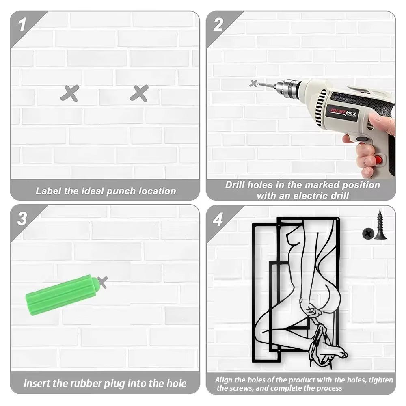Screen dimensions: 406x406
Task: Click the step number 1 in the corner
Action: click(22, 25)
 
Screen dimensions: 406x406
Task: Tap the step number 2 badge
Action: click(218, 25)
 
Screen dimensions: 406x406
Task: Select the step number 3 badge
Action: click(22, 218)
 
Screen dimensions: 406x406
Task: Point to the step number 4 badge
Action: click(218, 220)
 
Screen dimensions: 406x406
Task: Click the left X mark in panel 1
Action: click(70, 93)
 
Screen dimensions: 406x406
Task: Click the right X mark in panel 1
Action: click(139, 93)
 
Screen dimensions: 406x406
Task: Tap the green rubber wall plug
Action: click(62, 295)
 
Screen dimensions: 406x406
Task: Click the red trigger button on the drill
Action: click(379, 160)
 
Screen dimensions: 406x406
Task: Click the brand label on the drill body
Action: click(343, 113)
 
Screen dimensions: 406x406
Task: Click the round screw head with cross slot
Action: click(368, 234)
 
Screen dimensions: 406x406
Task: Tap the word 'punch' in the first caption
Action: click(121, 191)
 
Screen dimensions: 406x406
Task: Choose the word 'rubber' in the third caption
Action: click(86, 383)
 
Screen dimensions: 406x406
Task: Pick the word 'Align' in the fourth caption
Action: click(224, 380)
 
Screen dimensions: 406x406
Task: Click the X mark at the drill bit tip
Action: click(253, 84)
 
